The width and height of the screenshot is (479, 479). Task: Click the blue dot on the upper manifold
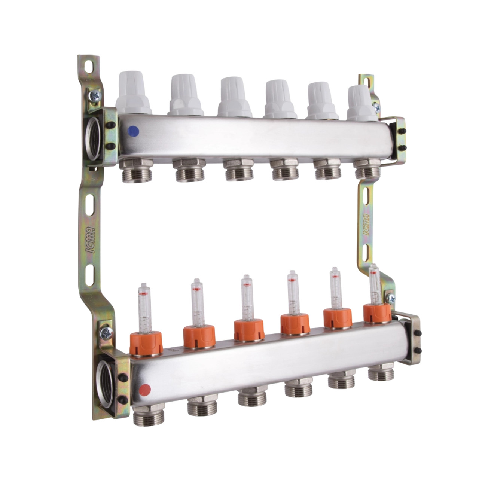(133, 131)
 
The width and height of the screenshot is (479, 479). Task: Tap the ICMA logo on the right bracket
(366, 225)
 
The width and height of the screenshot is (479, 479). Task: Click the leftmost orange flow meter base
(146, 343)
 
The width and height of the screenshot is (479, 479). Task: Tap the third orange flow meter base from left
(249, 330)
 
